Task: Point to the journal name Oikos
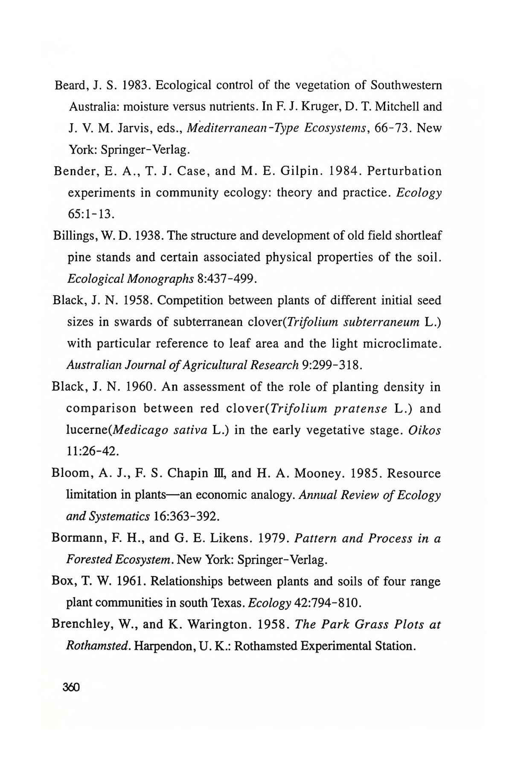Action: tap(424, 430)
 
